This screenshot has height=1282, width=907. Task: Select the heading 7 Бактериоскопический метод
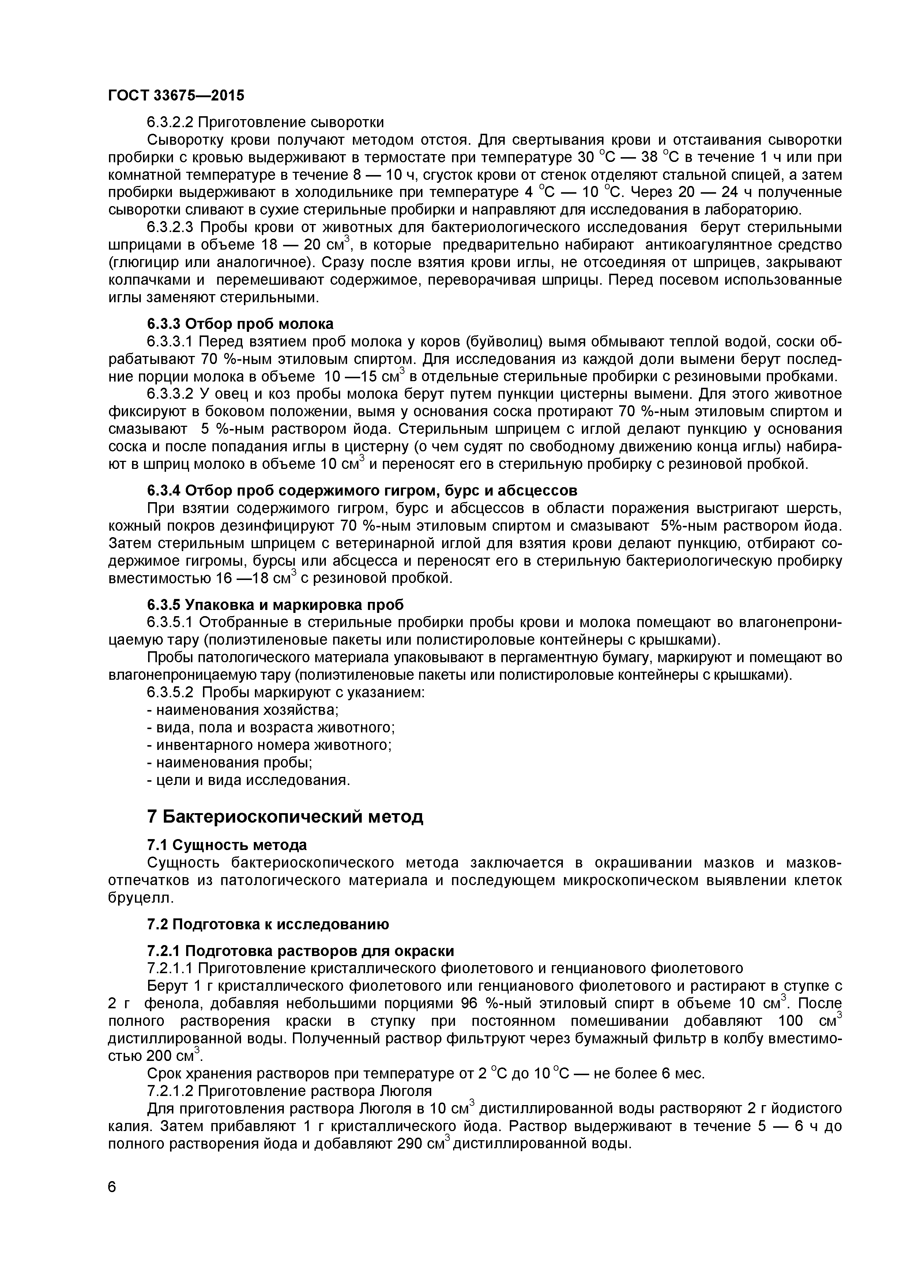point(285,817)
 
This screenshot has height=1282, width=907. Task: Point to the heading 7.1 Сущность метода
point(227,845)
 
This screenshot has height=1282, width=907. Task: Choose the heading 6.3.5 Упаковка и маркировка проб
point(275,605)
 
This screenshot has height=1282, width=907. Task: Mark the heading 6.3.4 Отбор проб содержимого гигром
point(362,490)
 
